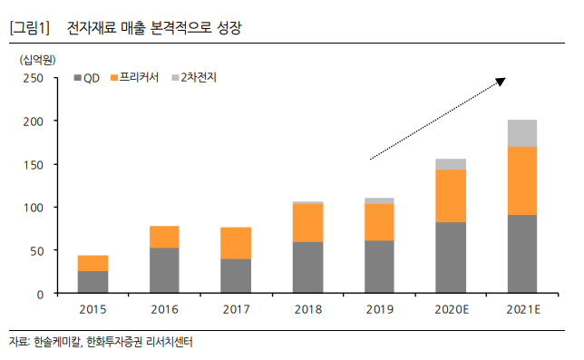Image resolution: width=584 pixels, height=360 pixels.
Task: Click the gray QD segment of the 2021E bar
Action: [x=521, y=254]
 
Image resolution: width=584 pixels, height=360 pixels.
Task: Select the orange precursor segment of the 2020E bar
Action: [x=451, y=196]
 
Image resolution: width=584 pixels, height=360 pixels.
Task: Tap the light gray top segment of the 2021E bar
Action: [x=521, y=132]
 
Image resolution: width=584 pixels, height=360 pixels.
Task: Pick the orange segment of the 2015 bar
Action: [x=92, y=263]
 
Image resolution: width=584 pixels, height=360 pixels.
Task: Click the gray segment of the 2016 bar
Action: [x=164, y=270]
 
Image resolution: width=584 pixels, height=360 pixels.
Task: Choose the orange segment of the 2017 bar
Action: [x=236, y=243]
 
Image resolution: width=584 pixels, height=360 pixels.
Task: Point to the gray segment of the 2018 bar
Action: [x=307, y=268]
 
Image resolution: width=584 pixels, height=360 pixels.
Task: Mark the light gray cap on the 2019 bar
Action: [x=379, y=200]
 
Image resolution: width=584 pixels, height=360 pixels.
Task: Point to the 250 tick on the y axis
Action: [x=34, y=78]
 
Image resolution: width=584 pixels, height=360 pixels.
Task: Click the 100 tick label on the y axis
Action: [x=34, y=208]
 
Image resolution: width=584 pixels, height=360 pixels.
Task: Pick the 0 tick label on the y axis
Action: [x=40, y=294]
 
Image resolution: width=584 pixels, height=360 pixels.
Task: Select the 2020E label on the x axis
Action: [x=451, y=310]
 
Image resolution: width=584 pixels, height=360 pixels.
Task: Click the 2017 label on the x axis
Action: [x=236, y=310]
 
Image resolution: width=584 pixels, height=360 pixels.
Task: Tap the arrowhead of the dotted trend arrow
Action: [x=500, y=83]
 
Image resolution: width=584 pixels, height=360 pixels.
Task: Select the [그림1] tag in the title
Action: [x=29, y=29]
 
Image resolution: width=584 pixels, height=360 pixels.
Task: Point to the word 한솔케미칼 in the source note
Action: [x=56, y=344]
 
